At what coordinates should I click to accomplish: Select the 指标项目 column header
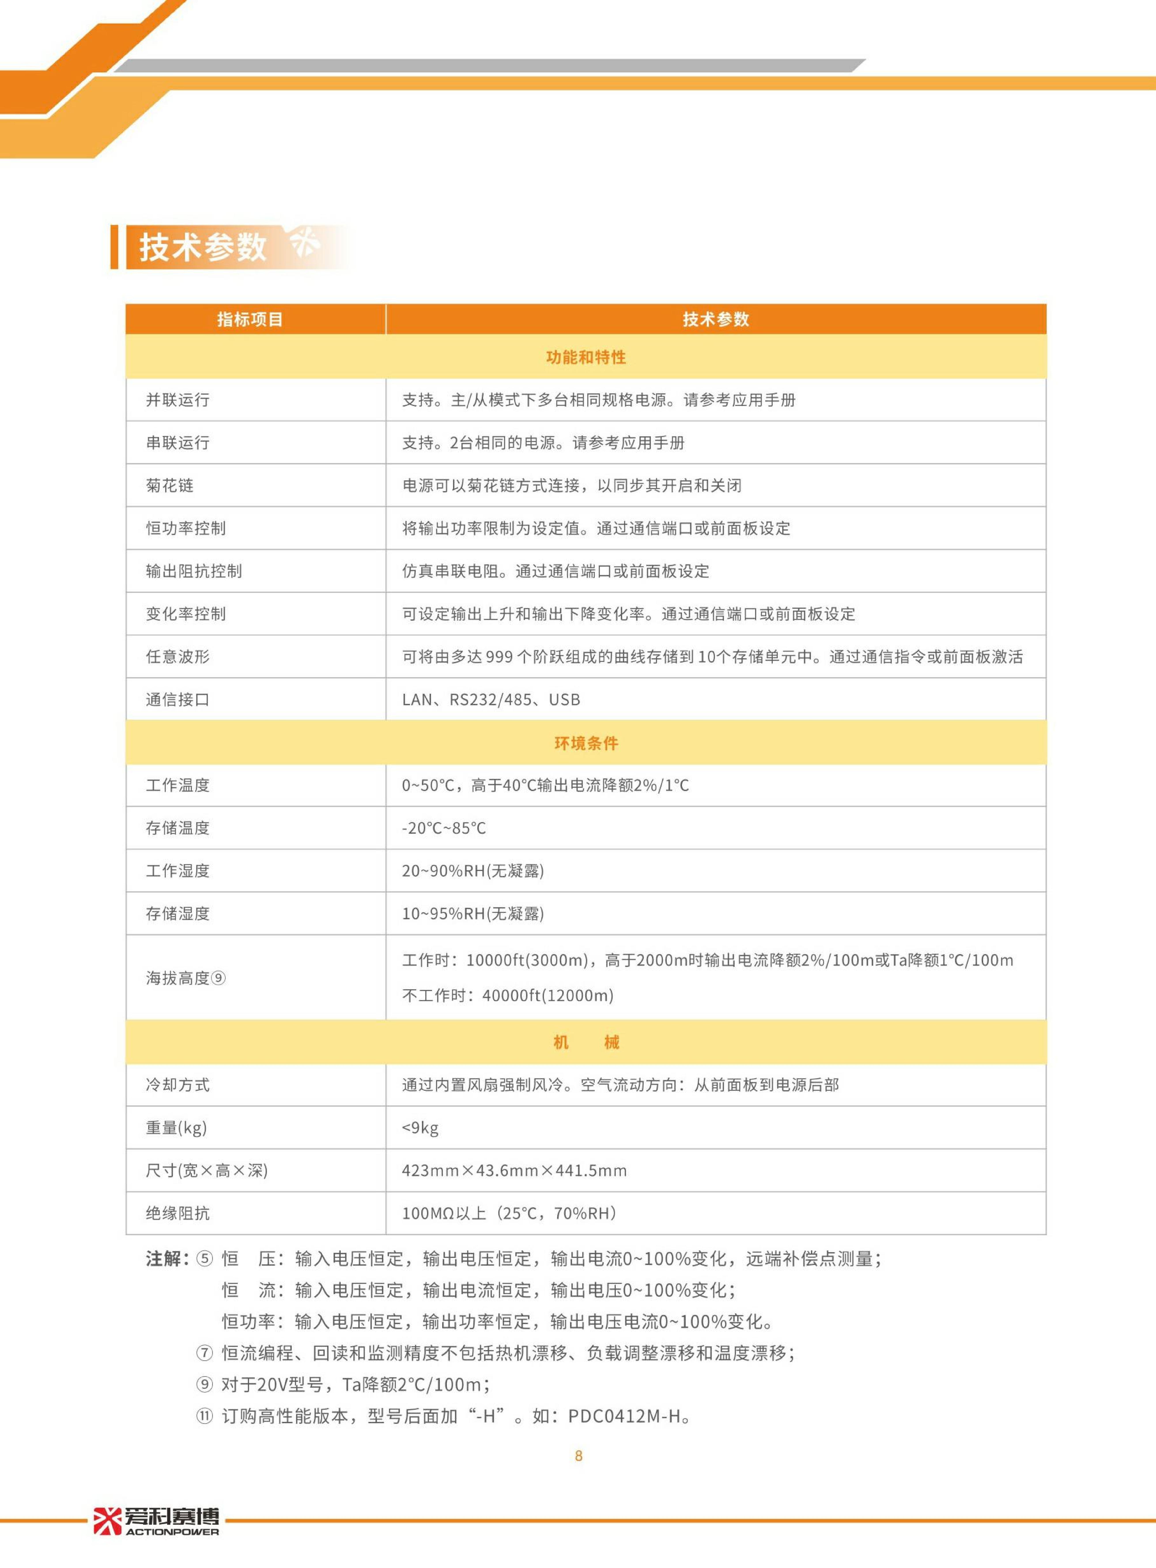(x=250, y=320)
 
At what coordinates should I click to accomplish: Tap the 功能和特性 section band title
(x=586, y=357)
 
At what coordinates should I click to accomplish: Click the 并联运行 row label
(x=178, y=400)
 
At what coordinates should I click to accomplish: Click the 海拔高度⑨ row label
(x=185, y=978)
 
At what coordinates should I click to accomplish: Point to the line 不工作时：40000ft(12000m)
(x=507, y=995)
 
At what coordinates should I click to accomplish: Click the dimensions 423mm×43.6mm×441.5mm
(x=514, y=1170)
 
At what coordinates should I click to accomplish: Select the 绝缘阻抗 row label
(x=178, y=1213)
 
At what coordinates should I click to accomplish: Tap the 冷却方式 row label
(x=178, y=1085)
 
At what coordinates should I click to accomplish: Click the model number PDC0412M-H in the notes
(x=624, y=1416)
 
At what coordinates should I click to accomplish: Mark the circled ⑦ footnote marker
(x=204, y=1353)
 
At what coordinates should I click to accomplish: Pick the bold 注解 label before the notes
(x=166, y=1259)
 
